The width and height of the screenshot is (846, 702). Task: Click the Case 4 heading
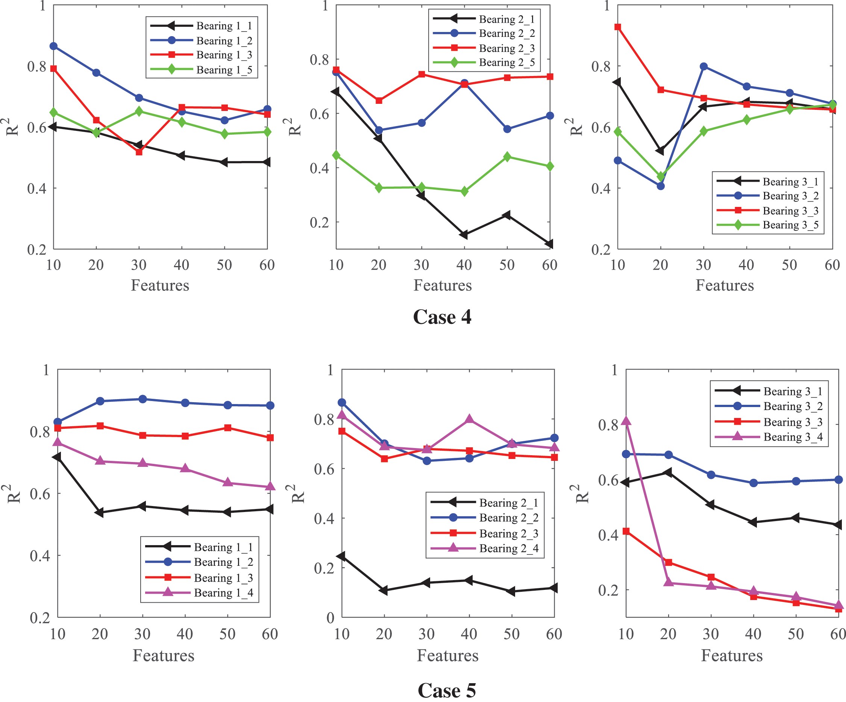tap(442, 317)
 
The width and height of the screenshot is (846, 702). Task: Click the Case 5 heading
tap(447, 690)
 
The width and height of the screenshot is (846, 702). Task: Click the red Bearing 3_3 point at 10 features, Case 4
tap(617, 27)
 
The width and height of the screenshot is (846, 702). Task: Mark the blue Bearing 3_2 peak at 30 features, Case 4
tap(703, 67)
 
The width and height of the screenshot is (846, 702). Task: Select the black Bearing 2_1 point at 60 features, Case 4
tap(549, 244)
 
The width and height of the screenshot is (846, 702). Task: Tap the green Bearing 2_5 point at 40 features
tap(464, 191)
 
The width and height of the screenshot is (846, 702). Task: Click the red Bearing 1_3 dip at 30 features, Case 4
tap(139, 152)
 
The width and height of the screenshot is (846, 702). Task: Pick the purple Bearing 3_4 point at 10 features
tap(626, 421)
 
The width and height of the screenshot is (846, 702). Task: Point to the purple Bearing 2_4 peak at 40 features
tap(469, 419)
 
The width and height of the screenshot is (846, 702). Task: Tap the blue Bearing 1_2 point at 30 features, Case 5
tap(142, 399)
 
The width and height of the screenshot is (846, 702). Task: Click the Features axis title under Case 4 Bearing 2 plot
tap(442, 285)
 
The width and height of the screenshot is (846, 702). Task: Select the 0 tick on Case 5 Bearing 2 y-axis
tap(330, 618)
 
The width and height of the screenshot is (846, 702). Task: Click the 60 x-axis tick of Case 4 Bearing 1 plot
tap(267, 265)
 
